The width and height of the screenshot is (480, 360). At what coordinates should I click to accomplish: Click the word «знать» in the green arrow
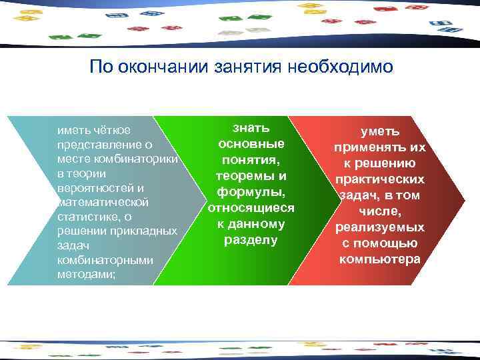coord(251,127)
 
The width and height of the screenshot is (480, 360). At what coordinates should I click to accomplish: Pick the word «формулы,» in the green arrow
coord(251,192)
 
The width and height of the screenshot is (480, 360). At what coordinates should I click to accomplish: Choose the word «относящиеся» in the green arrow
coord(251,208)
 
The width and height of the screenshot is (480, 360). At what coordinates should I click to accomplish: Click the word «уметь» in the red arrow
coord(380,132)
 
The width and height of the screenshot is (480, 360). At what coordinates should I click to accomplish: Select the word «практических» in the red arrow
coord(380,180)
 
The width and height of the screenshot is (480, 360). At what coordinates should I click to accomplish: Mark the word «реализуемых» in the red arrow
coord(380,227)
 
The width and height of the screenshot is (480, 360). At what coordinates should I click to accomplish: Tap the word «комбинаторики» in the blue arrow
coord(146,159)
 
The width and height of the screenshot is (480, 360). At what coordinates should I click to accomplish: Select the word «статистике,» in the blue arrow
coord(84,217)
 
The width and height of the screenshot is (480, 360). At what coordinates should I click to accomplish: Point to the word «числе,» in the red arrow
coord(380,212)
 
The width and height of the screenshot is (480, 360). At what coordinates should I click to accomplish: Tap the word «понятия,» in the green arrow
coord(251,160)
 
